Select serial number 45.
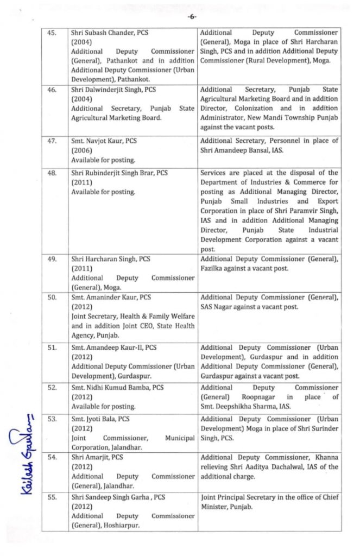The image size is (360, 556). click(x=52, y=33)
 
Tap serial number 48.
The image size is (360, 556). click(x=52, y=173)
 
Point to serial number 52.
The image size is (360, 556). click(x=52, y=388)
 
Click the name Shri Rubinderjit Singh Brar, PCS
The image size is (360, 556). click(x=119, y=173)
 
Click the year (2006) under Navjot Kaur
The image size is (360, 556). click(x=81, y=151)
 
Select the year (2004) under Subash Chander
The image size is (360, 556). click(x=81, y=42)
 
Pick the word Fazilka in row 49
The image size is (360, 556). click(x=214, y=268)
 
